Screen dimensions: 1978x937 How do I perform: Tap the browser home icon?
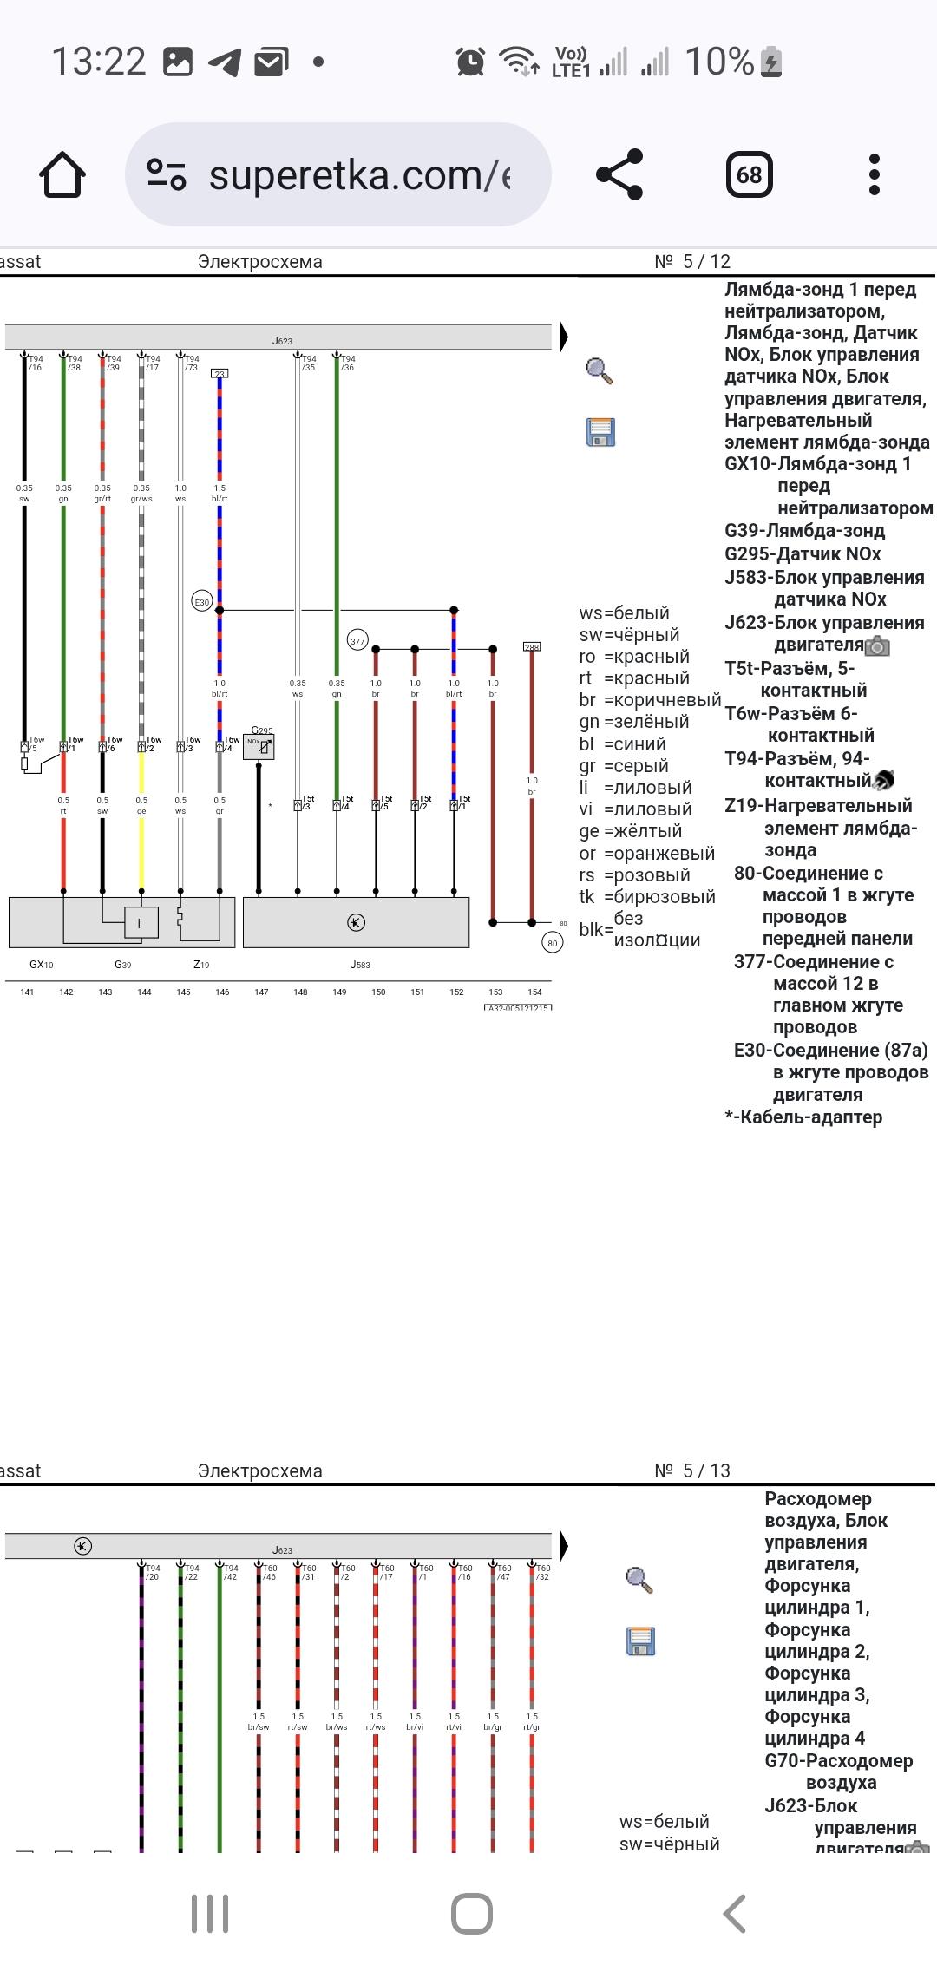pyautogui.click(x=62, y=174)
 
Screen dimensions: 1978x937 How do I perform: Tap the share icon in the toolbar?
pyautogui.click(x=619, y=174)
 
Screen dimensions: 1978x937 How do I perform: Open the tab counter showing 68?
pyautogui.click(x=749, y=174)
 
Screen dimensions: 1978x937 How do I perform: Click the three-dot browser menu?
pyautogui.click(x=874, y=174)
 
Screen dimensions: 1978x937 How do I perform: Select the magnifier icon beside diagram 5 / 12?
pyautogui.click(x=600, y=370)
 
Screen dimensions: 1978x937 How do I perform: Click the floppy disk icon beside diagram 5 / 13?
pyautogui.click(x=640, y=1641)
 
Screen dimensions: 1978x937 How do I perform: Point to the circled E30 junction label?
pyautogui.click(x=201, y=602)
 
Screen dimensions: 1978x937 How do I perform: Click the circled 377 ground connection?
pyautogui.click(x=357, y=641)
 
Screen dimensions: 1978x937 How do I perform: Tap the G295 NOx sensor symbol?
pyautogui.click(x=259, y=746)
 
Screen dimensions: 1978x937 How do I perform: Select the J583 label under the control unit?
pyautogui.click(x=359, y=965)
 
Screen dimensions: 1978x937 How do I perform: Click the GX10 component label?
pyautogui.click(x=41, y=965)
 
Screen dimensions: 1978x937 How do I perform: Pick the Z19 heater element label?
pyautogui.click(x=200, y=965)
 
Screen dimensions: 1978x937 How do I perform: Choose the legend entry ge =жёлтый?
pyautogui.click(x=631, y=831)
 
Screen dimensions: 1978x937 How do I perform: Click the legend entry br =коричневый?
pyautogui.click(x=650, y=700)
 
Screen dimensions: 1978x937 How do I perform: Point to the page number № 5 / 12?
pyautogui.click(x=692, y=262)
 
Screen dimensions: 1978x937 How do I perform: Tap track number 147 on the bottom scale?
pyautogui.click(x=261, y=992)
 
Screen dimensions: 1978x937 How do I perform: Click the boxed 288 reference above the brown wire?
pyautogui.click(x=532, y=646)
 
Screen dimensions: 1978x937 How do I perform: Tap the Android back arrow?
pyautogui.click(x=734, y=1914)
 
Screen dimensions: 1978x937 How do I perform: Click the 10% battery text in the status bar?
pyautogui.click(x=719, y=62)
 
